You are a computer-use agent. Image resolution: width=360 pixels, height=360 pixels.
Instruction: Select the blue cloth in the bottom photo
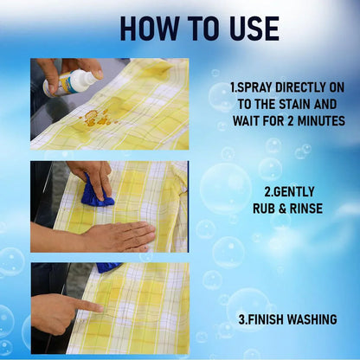coord(109,267)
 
